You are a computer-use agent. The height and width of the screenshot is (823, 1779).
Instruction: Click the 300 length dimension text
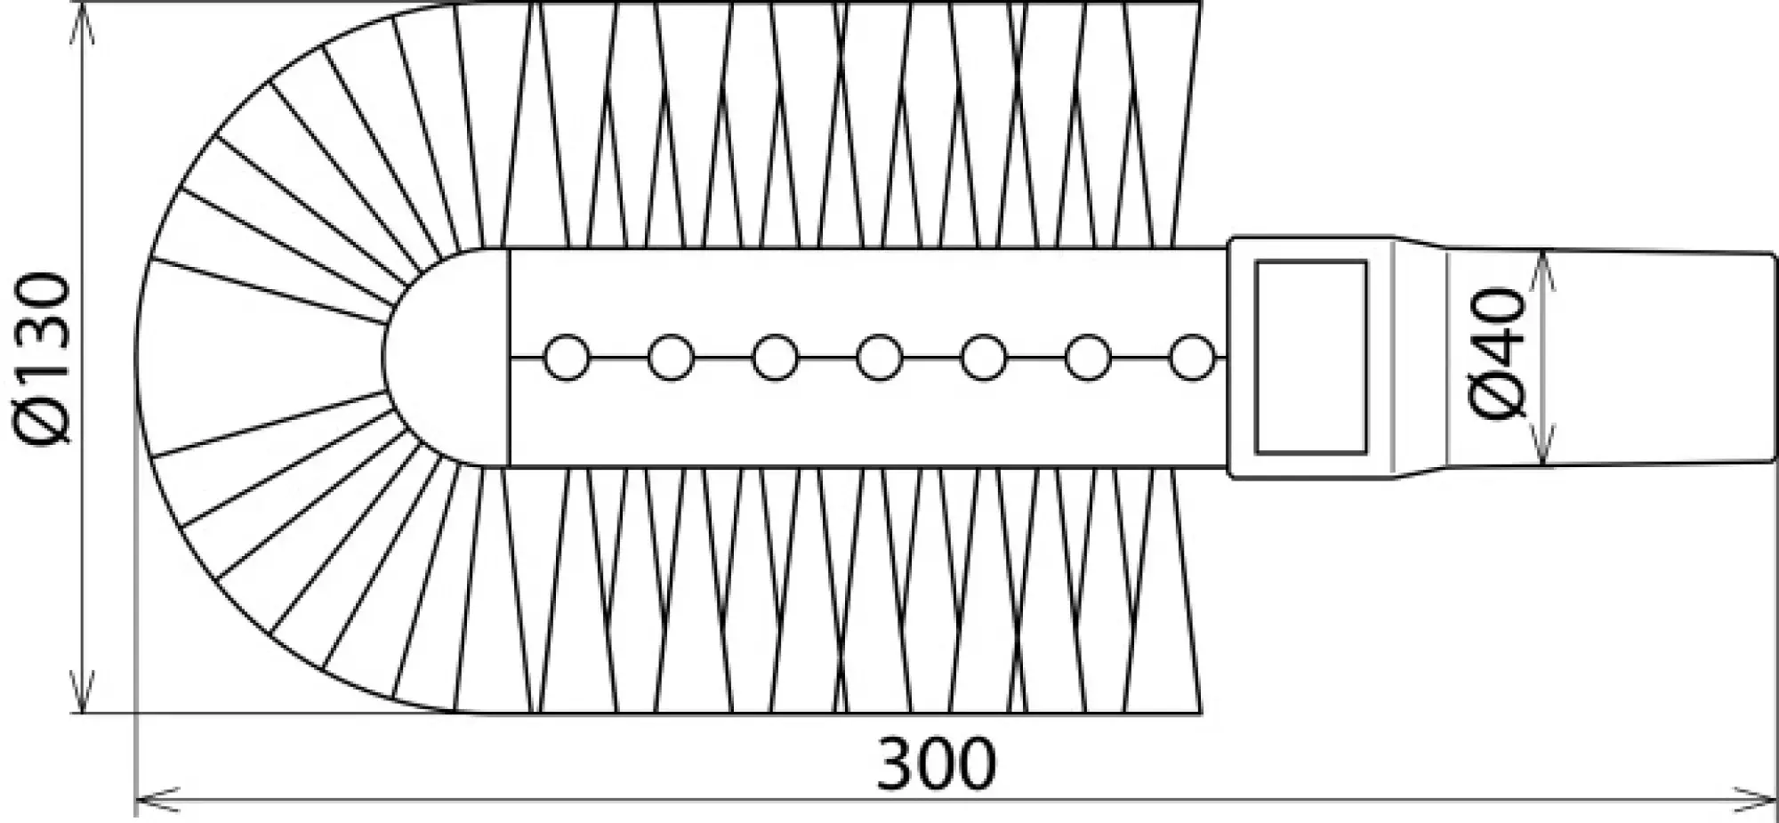click(936, 764)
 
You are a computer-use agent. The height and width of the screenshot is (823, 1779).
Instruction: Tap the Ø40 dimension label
click(1496, 352)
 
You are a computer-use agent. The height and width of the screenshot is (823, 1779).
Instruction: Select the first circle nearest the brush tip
click(567, 358)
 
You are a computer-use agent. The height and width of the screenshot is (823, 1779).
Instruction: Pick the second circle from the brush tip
click(671, 358)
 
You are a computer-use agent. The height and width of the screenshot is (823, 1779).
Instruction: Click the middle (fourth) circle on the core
click(880, 358)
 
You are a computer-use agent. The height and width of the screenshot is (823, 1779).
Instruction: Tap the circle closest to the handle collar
click(1192, 358)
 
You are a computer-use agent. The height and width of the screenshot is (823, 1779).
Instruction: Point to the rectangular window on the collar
click(1310, 357)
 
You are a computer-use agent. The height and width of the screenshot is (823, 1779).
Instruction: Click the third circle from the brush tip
click(775, 358)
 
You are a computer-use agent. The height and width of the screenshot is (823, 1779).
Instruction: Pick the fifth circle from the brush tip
click(984, 358)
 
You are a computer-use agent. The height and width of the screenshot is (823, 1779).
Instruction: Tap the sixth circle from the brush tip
click(1089, 358)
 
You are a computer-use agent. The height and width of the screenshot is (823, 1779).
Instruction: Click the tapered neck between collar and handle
click(1419, 358)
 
